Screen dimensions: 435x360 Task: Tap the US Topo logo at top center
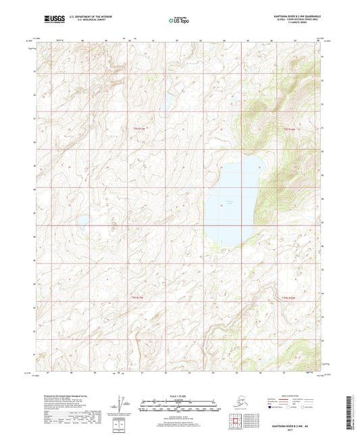178,22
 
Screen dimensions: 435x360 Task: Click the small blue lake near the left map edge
82,220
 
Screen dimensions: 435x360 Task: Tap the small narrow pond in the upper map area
164,101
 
